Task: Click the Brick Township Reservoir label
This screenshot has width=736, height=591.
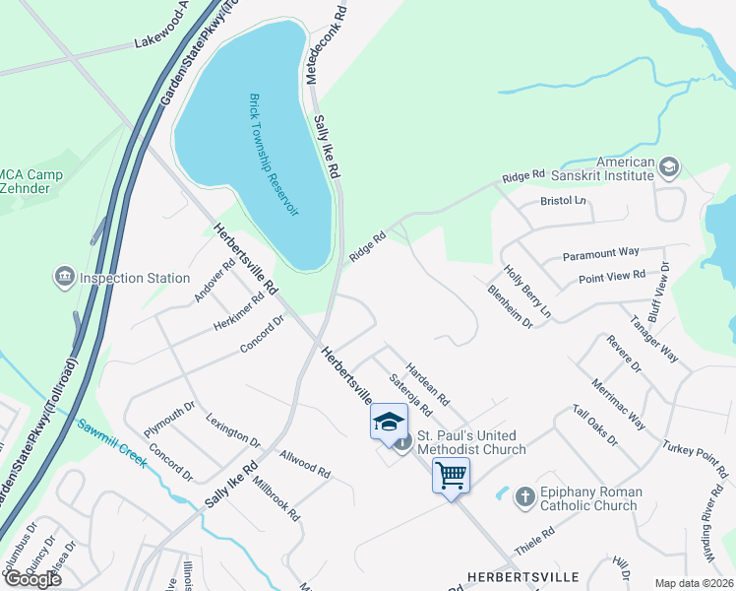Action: [275, 155]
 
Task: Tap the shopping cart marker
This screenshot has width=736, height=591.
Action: [451, 476]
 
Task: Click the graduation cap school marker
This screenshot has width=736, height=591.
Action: [390, 422]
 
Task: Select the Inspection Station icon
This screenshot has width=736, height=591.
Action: [67, 278]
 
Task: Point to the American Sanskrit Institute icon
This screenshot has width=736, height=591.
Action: [669, 165]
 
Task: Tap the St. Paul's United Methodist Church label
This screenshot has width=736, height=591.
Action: [472, 441]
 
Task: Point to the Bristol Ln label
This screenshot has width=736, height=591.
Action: [563, 201]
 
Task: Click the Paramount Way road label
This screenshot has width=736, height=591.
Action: [601, 254]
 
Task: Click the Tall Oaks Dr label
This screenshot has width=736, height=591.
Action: [594, 426]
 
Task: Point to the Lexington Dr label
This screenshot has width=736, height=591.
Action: [232, 430]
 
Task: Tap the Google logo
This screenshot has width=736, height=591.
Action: [33, 578]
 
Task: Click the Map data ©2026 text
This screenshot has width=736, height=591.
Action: [694, 583]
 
